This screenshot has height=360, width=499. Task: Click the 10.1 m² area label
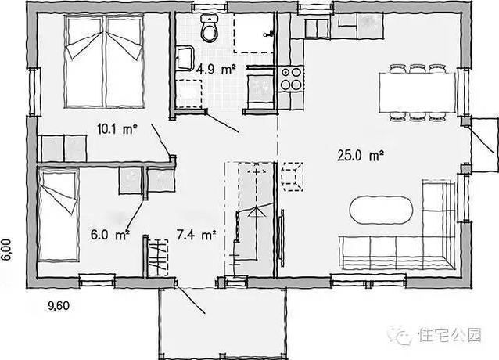(x=117, y=129)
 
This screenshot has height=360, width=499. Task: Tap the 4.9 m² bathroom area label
(x=216, y=69)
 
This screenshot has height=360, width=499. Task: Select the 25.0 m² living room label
(x=361, y=156)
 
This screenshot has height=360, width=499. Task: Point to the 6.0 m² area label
(x=110, y=235)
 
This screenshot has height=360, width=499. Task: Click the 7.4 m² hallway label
(x=196, y=235)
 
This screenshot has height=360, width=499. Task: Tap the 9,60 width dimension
(x=59, y=305)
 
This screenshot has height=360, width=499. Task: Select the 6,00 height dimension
(x=7, y=250)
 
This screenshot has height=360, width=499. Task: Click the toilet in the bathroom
(x=209, y=28)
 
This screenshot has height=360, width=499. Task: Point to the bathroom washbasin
(x=185, y=58)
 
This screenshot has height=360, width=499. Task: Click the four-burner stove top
(x=291, y=78)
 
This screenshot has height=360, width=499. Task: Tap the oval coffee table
(x=381, y=211)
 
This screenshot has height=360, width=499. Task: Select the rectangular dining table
(x=417, y=92)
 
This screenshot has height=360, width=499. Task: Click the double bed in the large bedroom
(x=104, y=62)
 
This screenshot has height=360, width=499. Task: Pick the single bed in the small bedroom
(x=58, y=215)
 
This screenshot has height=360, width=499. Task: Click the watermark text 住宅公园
(x=450, y=335)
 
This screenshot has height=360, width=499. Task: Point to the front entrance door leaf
(x=190, y=297)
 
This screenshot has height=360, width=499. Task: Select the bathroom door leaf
(x=223, y=122)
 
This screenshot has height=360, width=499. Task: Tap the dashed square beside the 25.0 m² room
(x=293, y=177)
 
